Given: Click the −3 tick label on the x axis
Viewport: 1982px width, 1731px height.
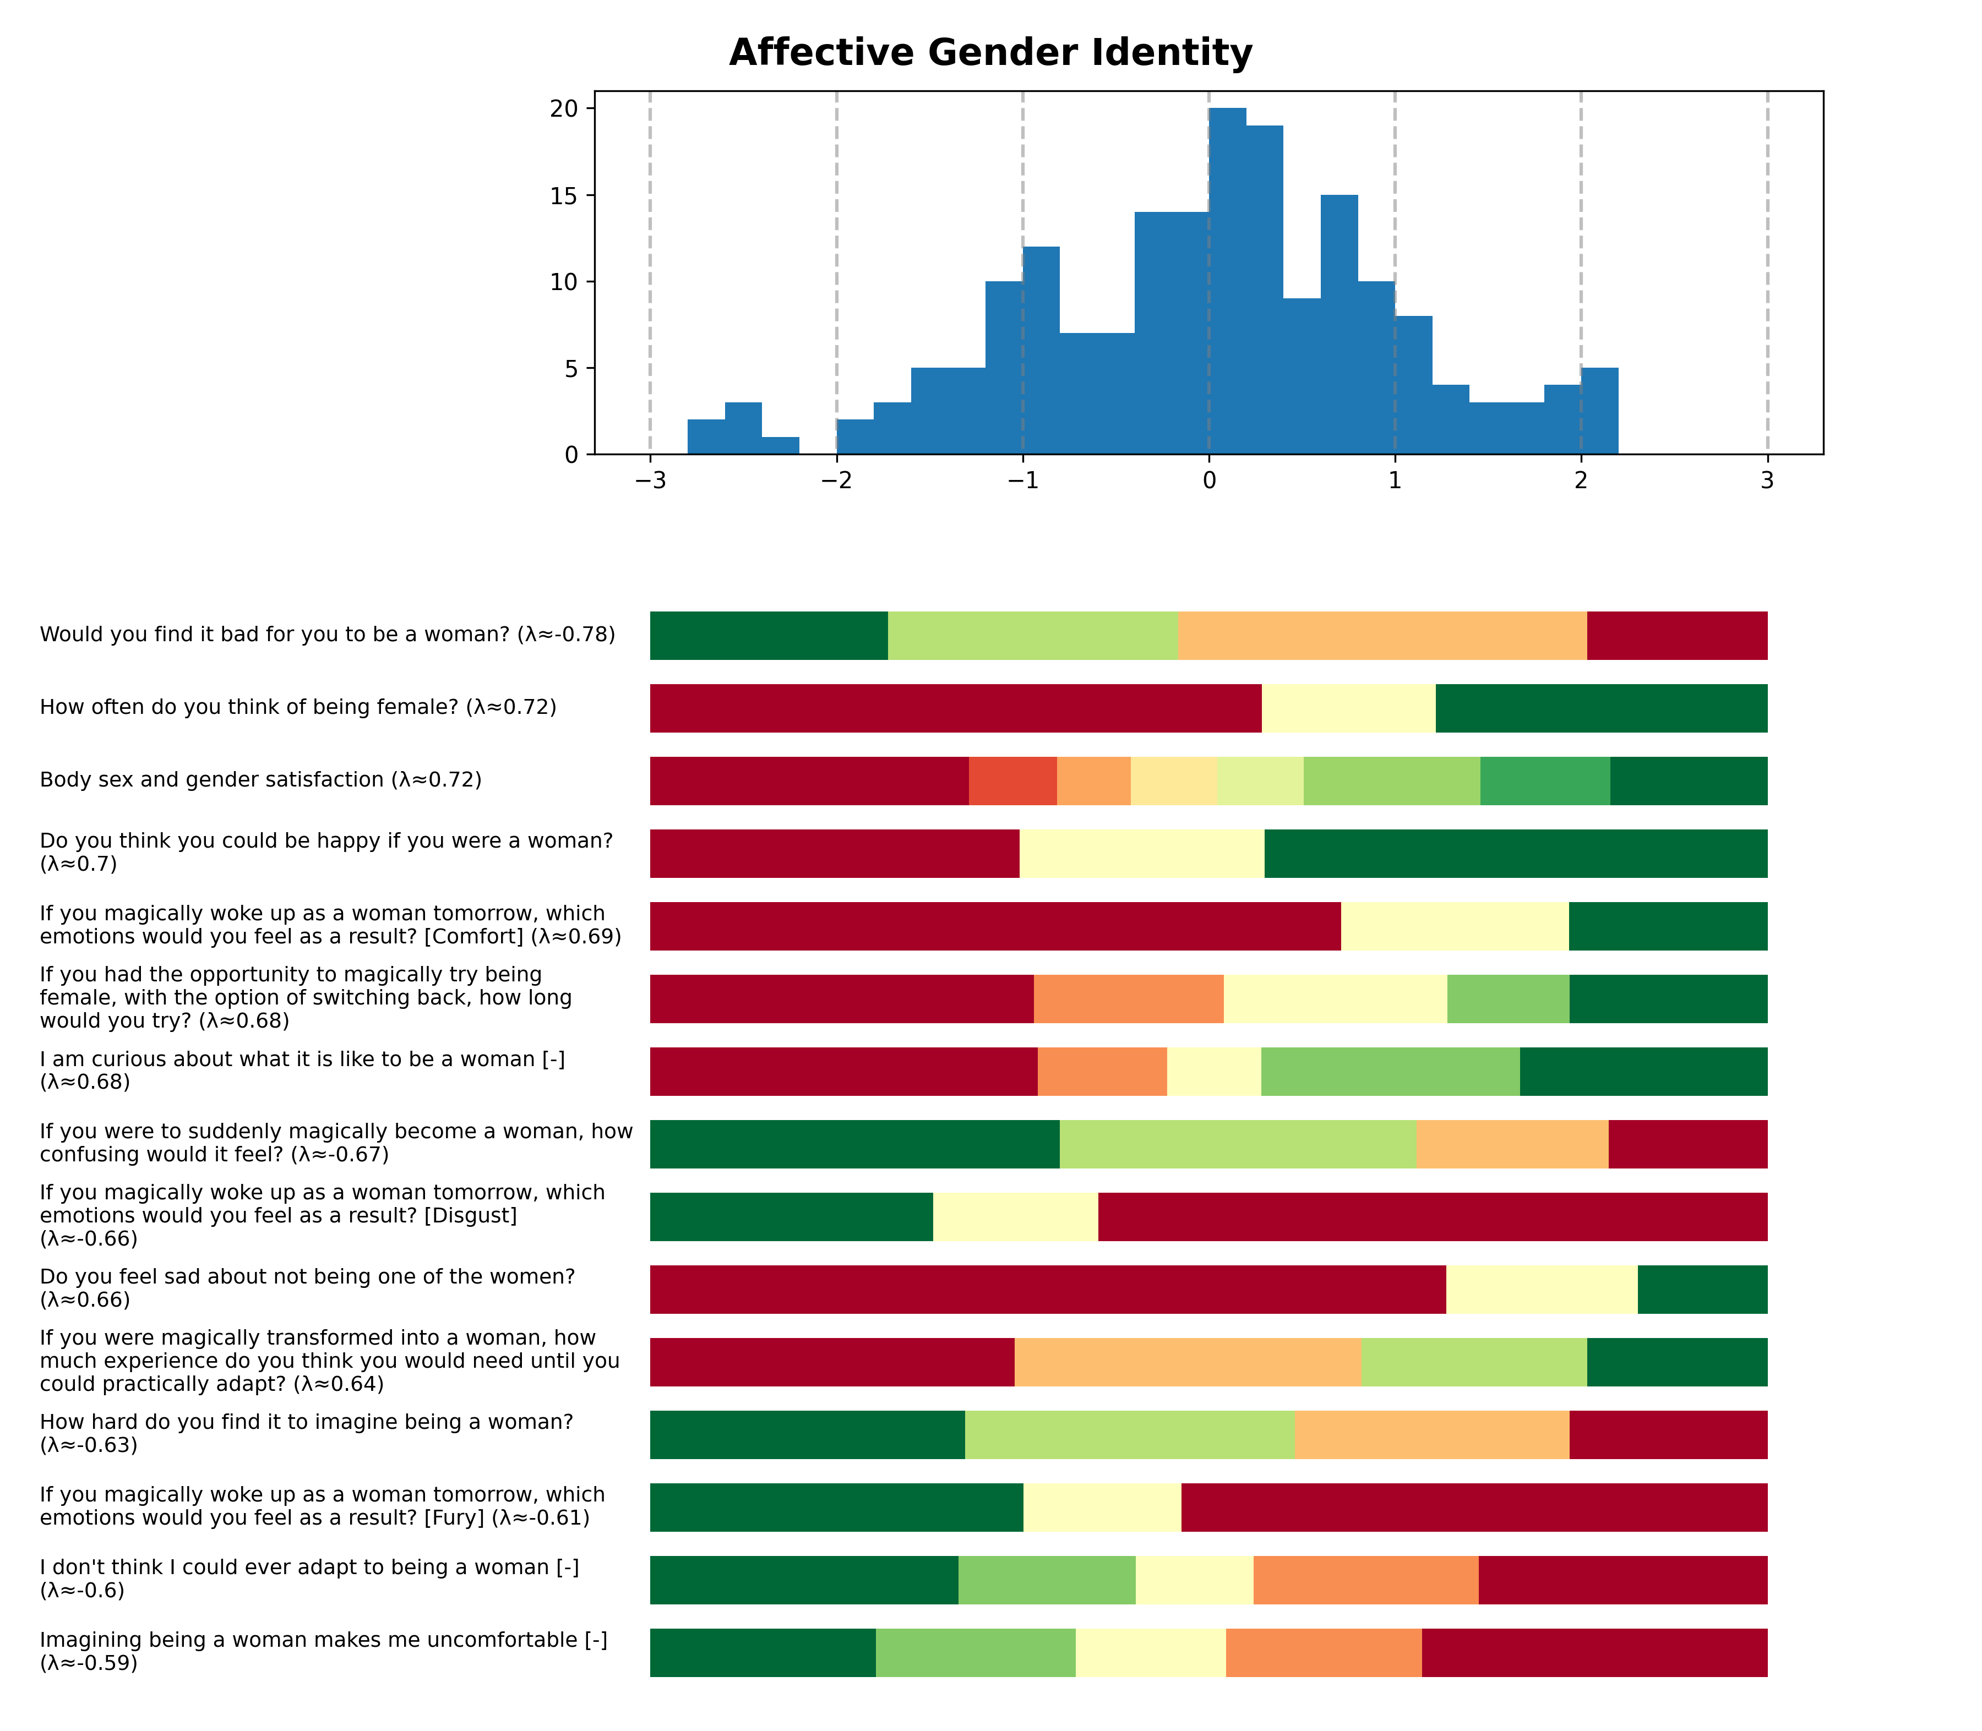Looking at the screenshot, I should click(x=650, y=481).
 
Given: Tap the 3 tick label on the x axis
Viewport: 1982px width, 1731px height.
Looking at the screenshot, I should click(x=1767, y=481).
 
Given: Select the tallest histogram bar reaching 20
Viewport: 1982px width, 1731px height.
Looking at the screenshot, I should click(x=1227, y=280).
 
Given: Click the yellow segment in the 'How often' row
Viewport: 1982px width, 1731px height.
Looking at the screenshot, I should click(x=1348, y=708).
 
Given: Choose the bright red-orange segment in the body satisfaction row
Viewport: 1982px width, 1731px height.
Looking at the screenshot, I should click(x=1012, y=780).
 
